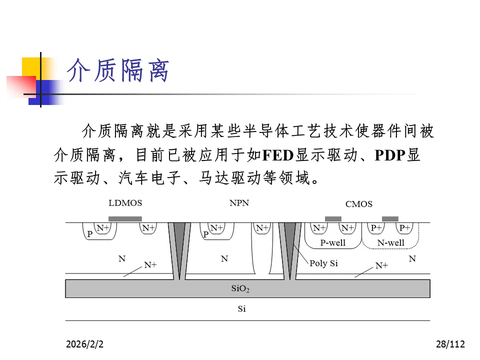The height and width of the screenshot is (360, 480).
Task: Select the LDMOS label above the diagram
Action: [125, 203]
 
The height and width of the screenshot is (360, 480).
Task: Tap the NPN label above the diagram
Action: [239, 203]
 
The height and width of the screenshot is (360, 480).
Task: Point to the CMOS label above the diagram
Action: [358, 204]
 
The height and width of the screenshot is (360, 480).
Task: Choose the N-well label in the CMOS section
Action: [390, 243]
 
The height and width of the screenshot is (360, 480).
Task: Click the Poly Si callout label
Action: [323, 263]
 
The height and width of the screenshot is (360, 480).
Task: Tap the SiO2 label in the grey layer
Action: [240, 288]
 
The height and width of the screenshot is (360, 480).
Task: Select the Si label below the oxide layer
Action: [241, 309]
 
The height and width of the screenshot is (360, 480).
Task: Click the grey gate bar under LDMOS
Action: [125, 219]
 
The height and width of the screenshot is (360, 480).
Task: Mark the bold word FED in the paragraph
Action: [277, 155]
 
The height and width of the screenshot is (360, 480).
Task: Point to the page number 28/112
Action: [450, 344]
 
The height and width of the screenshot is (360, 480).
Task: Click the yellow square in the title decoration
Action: [31, 66]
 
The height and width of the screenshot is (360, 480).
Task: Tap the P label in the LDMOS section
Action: [90, 233]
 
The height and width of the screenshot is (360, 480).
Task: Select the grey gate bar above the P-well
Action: [333, 219]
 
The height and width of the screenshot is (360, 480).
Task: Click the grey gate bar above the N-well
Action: [390, 219]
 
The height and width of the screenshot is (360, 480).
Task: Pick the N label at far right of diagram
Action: [412, 259]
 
